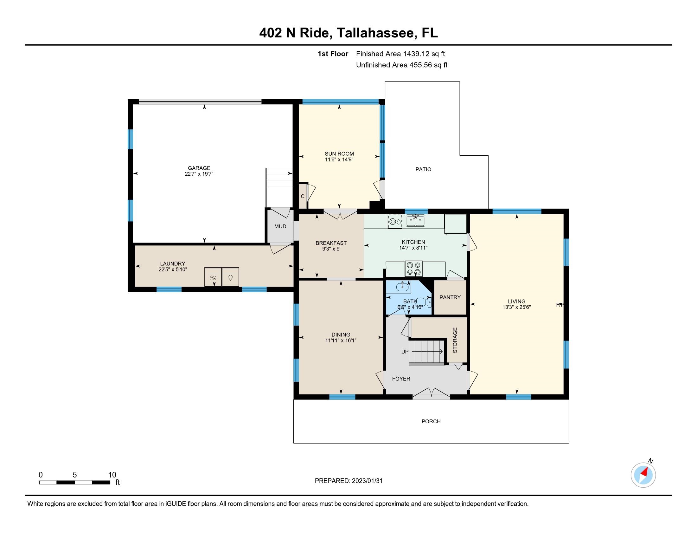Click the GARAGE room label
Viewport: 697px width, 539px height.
pos(199,168)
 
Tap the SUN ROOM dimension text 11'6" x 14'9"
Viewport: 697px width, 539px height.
pos(339,159)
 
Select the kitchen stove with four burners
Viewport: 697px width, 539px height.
pos(413,269)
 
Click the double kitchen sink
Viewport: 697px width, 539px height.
pos(415,221)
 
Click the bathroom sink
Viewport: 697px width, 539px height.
pos(403,287)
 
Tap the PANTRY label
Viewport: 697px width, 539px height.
pos(450,297)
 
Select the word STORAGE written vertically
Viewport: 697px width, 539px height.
pos(455,340)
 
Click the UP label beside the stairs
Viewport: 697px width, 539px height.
pos(405,352)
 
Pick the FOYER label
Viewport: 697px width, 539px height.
pos(401,379)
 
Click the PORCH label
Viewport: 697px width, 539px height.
pos(431,421)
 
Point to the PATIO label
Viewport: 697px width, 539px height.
pos(423,169)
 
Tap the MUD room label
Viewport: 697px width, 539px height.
pos(280,226)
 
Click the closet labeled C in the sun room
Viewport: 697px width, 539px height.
pos(303,196)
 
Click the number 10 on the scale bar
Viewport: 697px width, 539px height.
pos(112,475)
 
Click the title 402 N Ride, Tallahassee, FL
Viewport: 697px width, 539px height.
pos(348,33)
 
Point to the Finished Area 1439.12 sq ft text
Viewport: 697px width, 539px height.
pos(400,54)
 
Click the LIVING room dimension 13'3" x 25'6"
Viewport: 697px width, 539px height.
pos(516,307)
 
